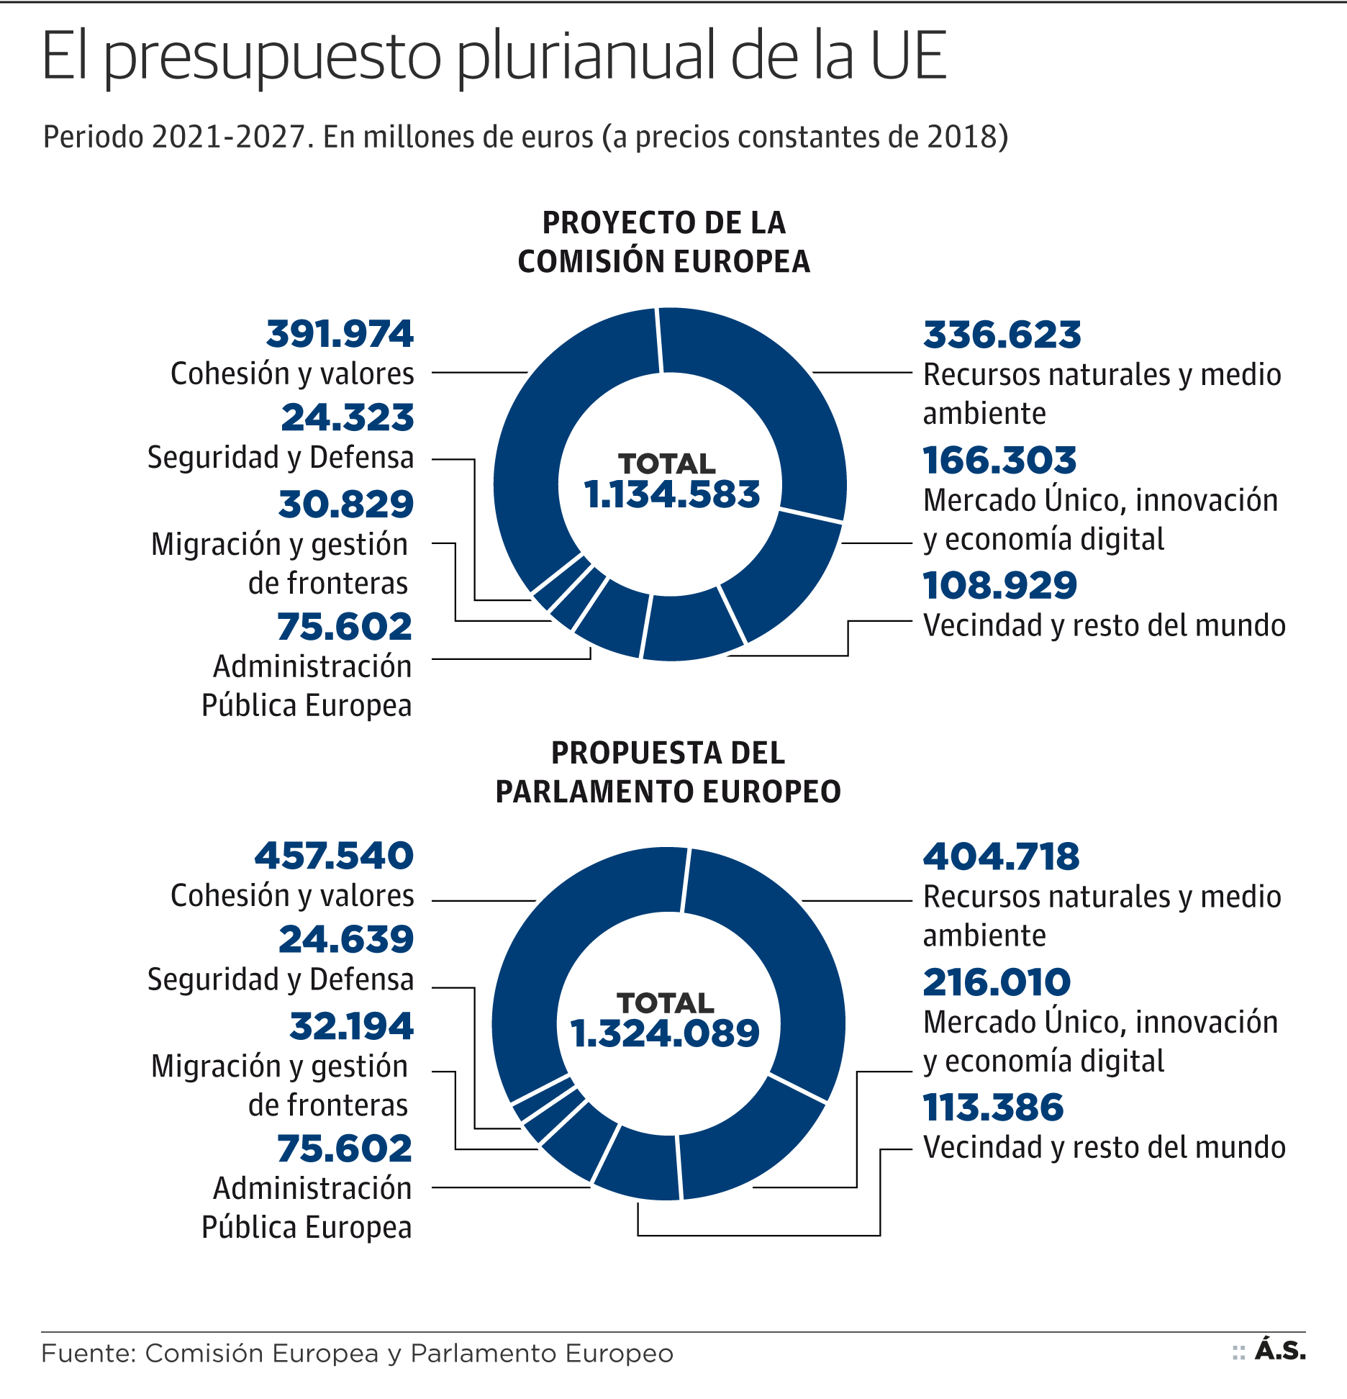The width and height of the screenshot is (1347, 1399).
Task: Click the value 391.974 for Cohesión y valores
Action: (340, 335)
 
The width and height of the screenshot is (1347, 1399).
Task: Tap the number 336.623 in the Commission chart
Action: (1002, 335)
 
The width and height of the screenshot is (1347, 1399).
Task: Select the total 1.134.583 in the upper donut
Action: (671, 494)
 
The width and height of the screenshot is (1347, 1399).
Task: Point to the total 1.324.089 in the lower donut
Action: (665, 1033)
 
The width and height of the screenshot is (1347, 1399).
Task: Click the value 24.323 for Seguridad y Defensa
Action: (348, 418)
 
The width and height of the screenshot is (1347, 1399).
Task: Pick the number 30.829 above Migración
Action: (346, 504)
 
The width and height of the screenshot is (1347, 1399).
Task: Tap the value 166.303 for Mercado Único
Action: (999, 461)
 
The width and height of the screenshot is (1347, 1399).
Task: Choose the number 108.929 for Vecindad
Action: (999, 586)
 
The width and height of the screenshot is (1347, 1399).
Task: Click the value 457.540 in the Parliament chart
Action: (334, 856)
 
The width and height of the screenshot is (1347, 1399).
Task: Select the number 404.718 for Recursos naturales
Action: (1001, 857)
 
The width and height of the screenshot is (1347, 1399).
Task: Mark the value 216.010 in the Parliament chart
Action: (997, 983)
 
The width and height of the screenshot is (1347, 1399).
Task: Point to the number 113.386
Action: (993, 1108)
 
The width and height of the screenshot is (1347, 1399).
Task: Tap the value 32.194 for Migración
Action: (351, 1027)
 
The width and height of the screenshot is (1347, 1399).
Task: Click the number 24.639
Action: (346, 940)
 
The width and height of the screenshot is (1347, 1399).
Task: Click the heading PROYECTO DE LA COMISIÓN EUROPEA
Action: (663, 242)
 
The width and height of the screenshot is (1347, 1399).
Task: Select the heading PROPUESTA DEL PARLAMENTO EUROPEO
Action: (668, 772)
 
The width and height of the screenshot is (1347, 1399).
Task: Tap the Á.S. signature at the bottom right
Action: (1280, 1351)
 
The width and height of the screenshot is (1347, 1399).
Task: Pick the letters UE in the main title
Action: (908, 56)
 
